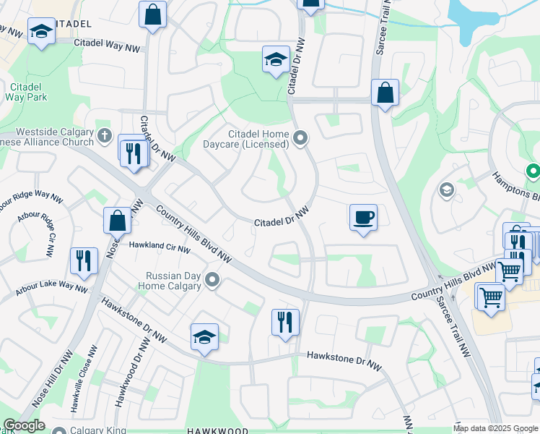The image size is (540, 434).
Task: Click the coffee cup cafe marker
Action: (363, 217)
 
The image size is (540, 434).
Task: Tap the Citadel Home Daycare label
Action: (258, 140)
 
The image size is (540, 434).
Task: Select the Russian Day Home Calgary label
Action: (173, 280)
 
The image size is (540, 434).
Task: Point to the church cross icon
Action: (105, 135)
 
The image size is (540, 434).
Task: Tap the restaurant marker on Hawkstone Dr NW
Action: (285, 322)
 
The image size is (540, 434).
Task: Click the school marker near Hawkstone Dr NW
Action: (204, 337)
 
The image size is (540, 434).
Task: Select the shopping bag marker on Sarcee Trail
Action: (385, 93)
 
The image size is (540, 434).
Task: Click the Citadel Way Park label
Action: (25, 93)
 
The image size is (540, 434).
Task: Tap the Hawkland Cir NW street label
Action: (160, 246)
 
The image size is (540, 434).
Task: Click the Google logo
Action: (24, 425)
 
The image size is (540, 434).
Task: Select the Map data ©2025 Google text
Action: (495, 428)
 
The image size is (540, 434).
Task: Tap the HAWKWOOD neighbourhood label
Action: (214, 430)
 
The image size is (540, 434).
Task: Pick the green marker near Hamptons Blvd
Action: (533, 171)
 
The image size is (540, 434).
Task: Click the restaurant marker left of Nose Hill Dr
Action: (83, 261)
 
